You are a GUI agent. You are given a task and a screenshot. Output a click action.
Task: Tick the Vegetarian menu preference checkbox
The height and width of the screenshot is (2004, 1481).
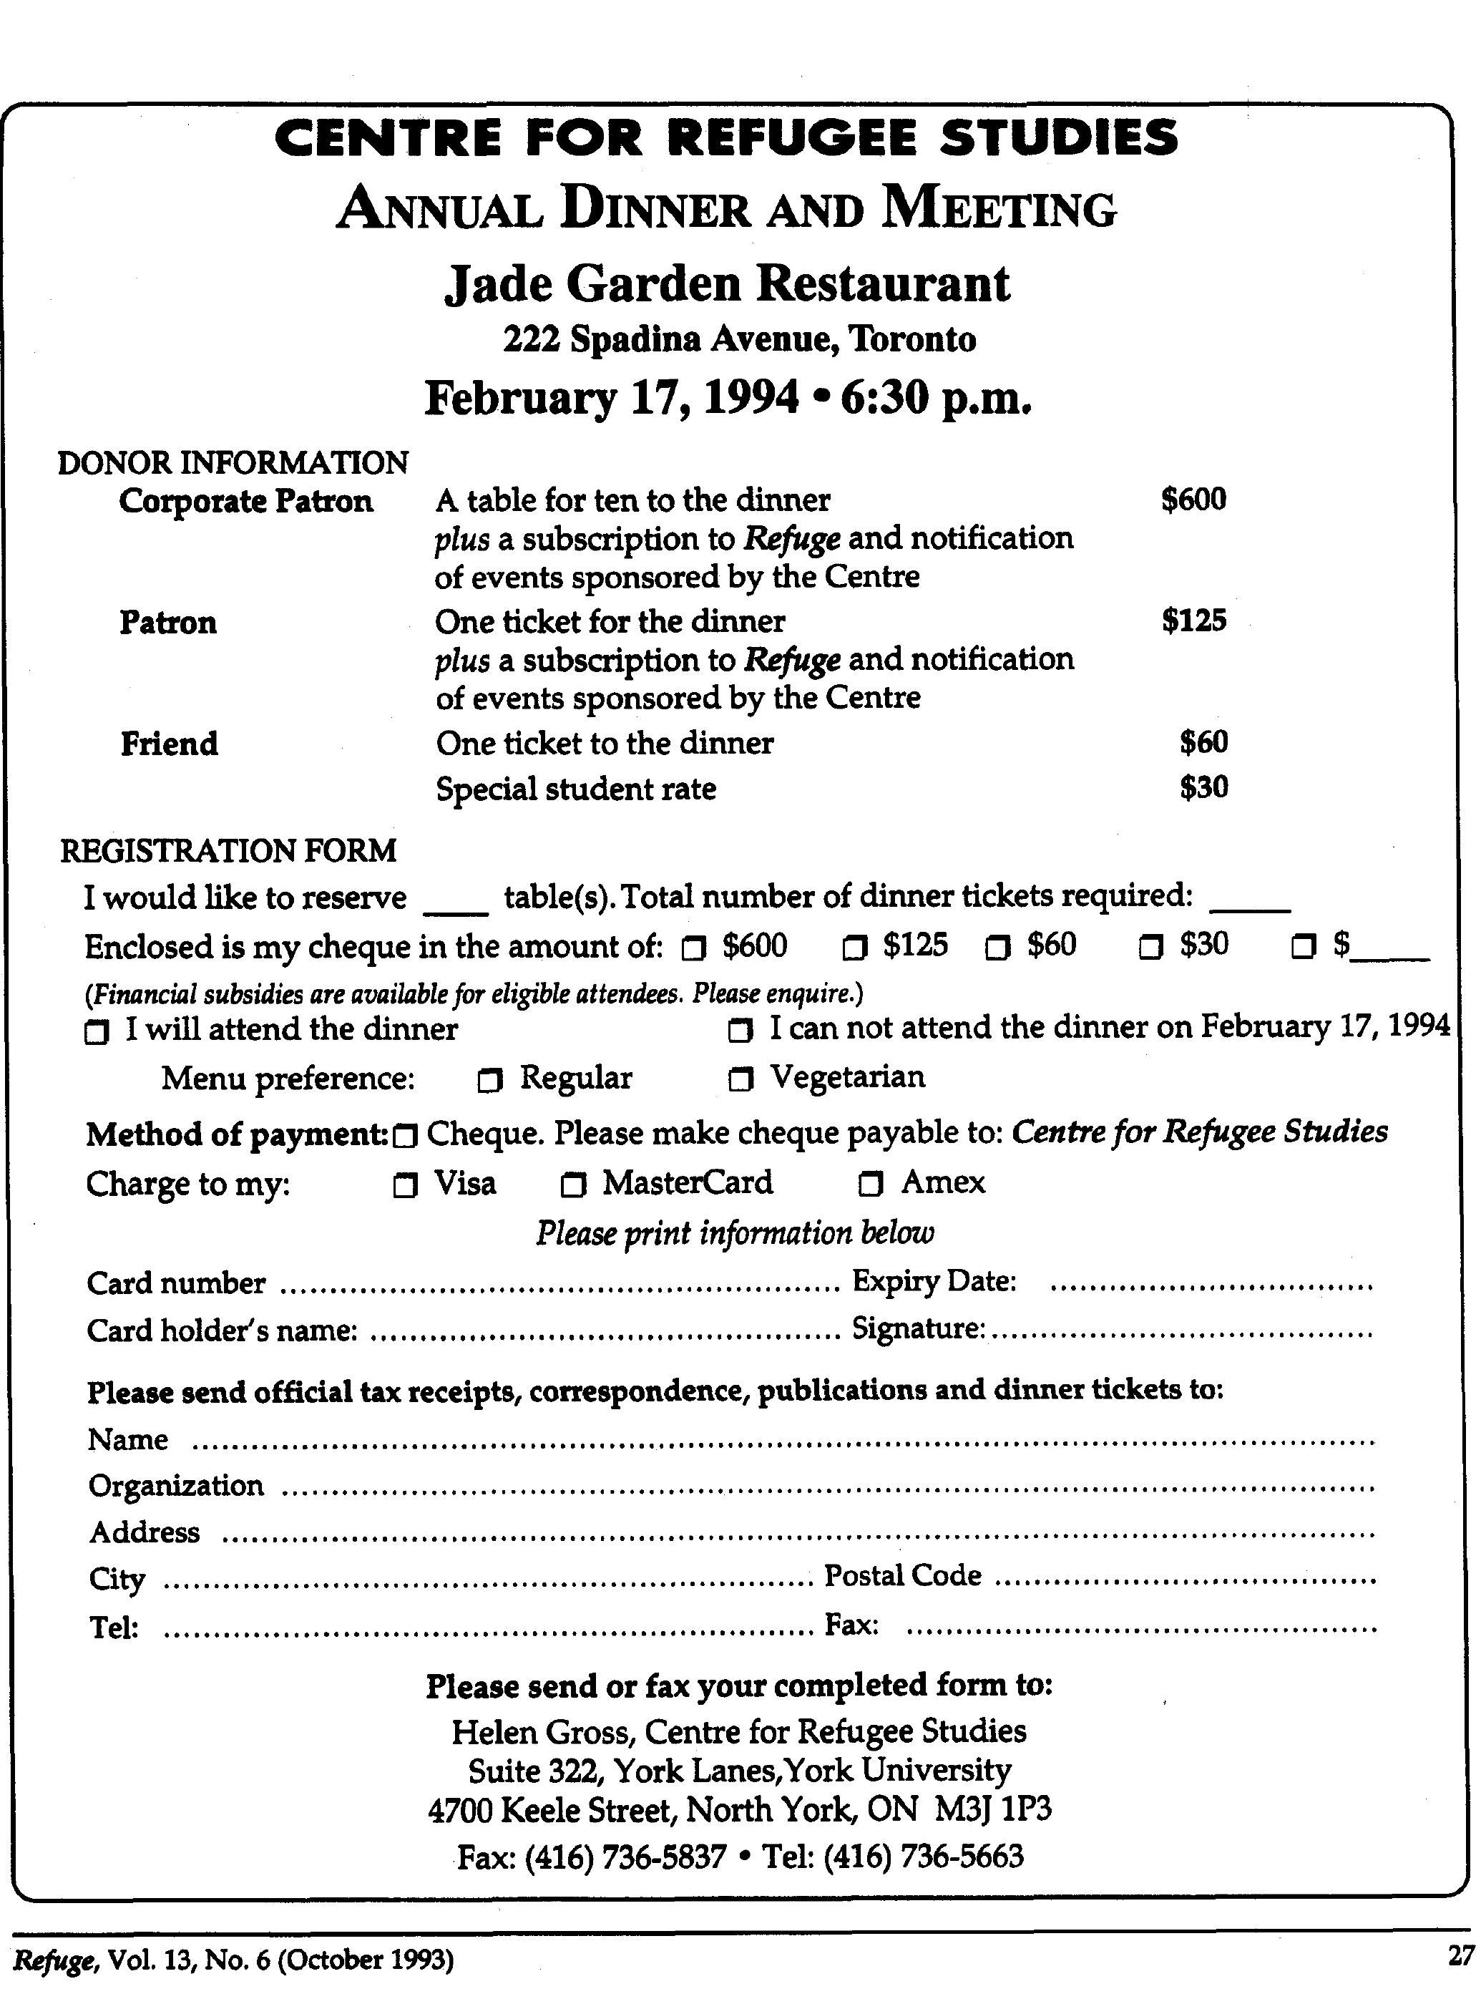coord(740,1081)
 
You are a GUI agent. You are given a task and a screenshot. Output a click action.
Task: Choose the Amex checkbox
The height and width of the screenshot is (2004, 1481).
coord(869,1185)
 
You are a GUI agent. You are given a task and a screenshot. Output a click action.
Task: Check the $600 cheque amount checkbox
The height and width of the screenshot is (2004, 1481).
coord(694,948)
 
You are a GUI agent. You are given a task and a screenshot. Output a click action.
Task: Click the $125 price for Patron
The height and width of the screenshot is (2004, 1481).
coord(1193,621)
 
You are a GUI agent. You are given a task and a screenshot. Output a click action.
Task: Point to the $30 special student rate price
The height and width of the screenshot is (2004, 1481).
coord(1203,788)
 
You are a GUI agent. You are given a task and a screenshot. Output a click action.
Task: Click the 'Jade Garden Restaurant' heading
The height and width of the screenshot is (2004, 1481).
coord(727,284)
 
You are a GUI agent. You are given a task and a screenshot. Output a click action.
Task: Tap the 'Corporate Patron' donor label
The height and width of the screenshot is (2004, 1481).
coord(245,501)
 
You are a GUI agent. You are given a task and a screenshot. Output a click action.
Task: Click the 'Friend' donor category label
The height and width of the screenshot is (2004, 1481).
coord(170,744)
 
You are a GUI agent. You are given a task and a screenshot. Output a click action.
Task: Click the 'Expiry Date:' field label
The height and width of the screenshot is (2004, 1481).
coord(933,1281)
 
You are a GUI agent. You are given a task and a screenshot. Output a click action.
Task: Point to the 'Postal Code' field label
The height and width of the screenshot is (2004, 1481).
coord(902,1575)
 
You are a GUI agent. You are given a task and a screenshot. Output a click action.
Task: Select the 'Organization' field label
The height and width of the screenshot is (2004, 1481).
coord(177,1486)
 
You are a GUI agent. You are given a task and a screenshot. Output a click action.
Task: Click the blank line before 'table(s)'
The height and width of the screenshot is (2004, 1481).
coord(456,910)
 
